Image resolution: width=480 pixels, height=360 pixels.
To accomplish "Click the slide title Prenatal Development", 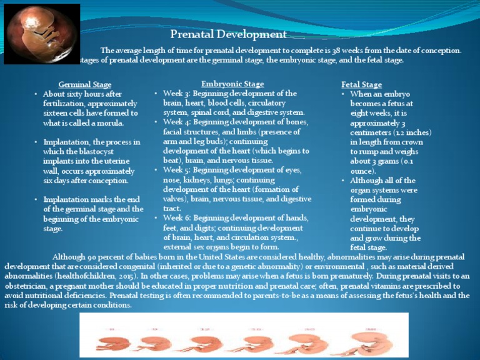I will pos(229,34).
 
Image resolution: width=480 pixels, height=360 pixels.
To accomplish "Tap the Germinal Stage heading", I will pos(85,84).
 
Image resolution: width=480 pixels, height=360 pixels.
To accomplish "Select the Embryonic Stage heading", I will pos(232,84).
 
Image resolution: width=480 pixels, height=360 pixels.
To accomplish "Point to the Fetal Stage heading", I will pos(361,84).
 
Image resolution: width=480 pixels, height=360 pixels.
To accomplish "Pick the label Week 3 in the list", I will pos(176,93).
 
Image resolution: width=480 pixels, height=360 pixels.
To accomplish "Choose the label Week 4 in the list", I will pos(176,122).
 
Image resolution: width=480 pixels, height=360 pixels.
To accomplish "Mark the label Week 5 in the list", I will pos(176,170).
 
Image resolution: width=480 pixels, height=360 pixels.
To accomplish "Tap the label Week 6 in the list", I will pos(176,217).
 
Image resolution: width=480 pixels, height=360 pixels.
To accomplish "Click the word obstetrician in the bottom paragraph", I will pos(26,286).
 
